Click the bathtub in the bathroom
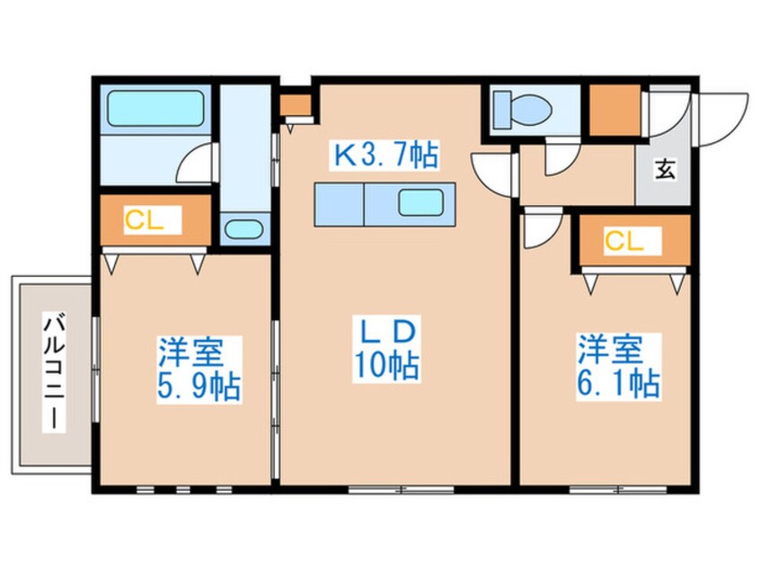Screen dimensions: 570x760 [154, 110]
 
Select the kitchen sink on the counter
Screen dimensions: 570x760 [420, 204]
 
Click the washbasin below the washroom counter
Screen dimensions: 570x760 [241, 228]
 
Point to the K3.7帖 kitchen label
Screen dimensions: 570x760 [386, 157]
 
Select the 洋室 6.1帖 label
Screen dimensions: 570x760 [618, 367]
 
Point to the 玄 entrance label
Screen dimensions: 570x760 [663, 167]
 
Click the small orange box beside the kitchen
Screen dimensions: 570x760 [293, 105]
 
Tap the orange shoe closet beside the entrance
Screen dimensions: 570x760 [614, 111]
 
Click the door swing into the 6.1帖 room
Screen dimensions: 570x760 [542, 230]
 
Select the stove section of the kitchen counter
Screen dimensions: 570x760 [337, 204]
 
